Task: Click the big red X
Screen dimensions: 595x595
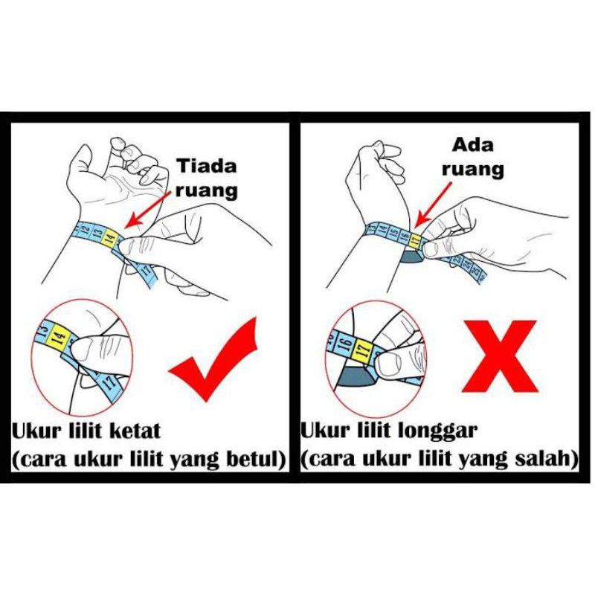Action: point(499,357)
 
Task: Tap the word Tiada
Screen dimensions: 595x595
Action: point(208,166)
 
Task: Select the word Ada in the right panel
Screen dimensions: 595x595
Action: point(473,145)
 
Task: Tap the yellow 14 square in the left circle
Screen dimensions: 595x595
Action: point(59,335)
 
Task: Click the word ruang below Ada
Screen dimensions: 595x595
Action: point(473,169)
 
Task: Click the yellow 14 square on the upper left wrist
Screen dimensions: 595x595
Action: point(110,238)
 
